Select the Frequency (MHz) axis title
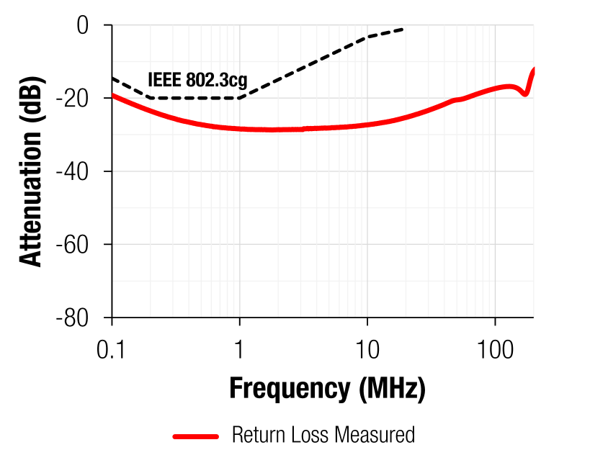coord(327,389)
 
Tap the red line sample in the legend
coord(195,436)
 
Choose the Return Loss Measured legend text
coord(323,435)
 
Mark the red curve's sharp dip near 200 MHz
coord(526,94)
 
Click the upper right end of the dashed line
coord(403,29)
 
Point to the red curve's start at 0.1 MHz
coord(112,95)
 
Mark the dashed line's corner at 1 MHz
coord(239,98)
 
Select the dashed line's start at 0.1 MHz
coord(112,78)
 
